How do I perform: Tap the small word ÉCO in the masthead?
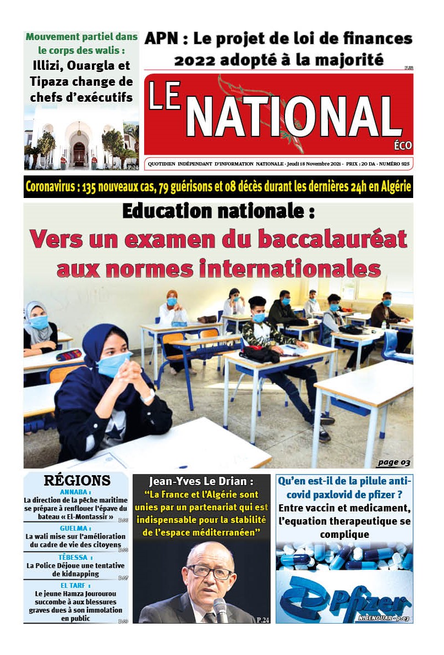[x=403, y=145]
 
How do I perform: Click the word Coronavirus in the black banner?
[x=51, y=187]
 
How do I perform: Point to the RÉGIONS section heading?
[x=77, y=480]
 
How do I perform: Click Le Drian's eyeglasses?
[x=210, y=572]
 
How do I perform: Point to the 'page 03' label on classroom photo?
[x=393, y=462]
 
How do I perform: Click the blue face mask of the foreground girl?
[x=113, y=365]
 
